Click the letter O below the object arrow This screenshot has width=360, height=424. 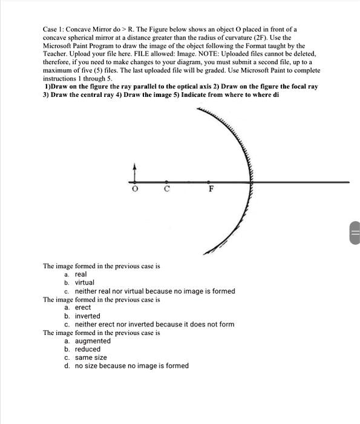(x=135, y=189)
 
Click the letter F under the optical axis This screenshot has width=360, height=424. (x=211, y=189)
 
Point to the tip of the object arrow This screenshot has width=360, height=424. (x=135, y=164)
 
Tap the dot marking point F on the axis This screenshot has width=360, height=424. (x=209, y=181)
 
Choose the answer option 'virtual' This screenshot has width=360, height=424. (x=85, y=282)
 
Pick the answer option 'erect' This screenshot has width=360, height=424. (x=83, y=308)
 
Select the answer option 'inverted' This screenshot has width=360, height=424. (x=88, y=316)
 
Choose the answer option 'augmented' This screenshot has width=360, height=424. (x=93, y=341)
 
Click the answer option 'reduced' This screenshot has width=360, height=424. (x=88, y=349)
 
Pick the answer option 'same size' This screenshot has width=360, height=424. (x=91, y=357)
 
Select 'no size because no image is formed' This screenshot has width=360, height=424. (x=131, y=365)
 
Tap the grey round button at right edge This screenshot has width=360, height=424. (x=354, y=232)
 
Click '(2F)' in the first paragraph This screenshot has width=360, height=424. (x=262, y=38)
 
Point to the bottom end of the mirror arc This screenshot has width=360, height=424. (x=205, y=253)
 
